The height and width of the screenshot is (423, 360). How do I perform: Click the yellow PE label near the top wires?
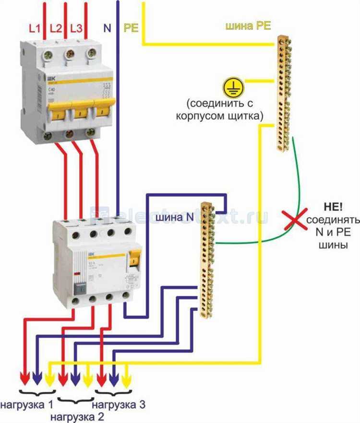[131, 28]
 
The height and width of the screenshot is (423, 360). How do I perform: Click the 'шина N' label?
[175, 217]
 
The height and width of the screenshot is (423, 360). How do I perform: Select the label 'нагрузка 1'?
[27, 404]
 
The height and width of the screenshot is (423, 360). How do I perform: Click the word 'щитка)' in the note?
[247, 116]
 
